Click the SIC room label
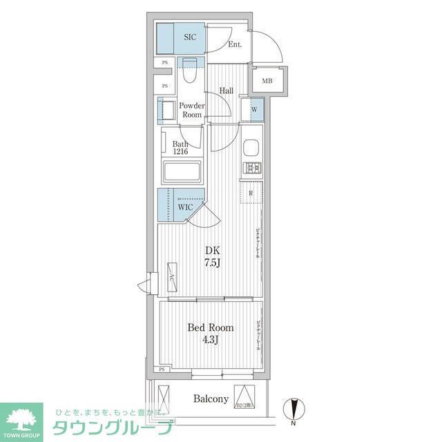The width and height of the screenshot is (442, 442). [189, 38]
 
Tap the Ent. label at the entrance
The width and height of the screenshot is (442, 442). [235, 46]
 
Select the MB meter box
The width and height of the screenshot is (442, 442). [267, 81]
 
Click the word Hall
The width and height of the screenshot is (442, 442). [227, 90]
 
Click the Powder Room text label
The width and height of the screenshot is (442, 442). [191, 110]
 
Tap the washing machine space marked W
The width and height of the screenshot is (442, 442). [254, 109]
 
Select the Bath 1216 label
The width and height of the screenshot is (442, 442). [181, 148]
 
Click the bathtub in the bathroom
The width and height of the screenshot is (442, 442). [181, 171]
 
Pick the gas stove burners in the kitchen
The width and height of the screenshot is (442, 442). [250, 166]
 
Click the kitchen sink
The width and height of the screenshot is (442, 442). [250, 148]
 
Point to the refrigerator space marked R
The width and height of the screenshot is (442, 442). [250, 193]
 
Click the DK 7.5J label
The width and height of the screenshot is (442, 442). [211, 256]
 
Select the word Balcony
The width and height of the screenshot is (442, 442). [211, 399]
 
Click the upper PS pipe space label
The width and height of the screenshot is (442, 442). [164, 63]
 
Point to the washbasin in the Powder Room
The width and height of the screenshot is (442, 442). [166, 110]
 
